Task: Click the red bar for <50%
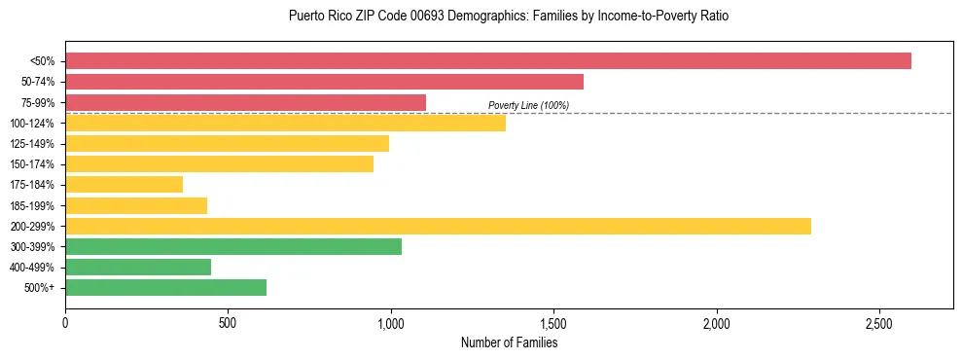(486, 60)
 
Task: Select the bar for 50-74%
(324, 82)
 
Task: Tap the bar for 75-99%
(245, 102)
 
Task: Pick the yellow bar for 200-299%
(438, 227)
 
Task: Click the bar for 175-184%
(124, 185)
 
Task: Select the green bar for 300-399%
(233, 247)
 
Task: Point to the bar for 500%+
(165, 288)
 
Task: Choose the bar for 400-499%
(138, 268)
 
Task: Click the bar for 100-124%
(285, 123)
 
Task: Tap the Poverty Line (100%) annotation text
(528, 105)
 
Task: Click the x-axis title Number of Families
(509, 342)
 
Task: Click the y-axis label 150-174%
(33, 164)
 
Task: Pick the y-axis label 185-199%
(33, 206)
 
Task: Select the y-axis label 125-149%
(33, 144)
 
